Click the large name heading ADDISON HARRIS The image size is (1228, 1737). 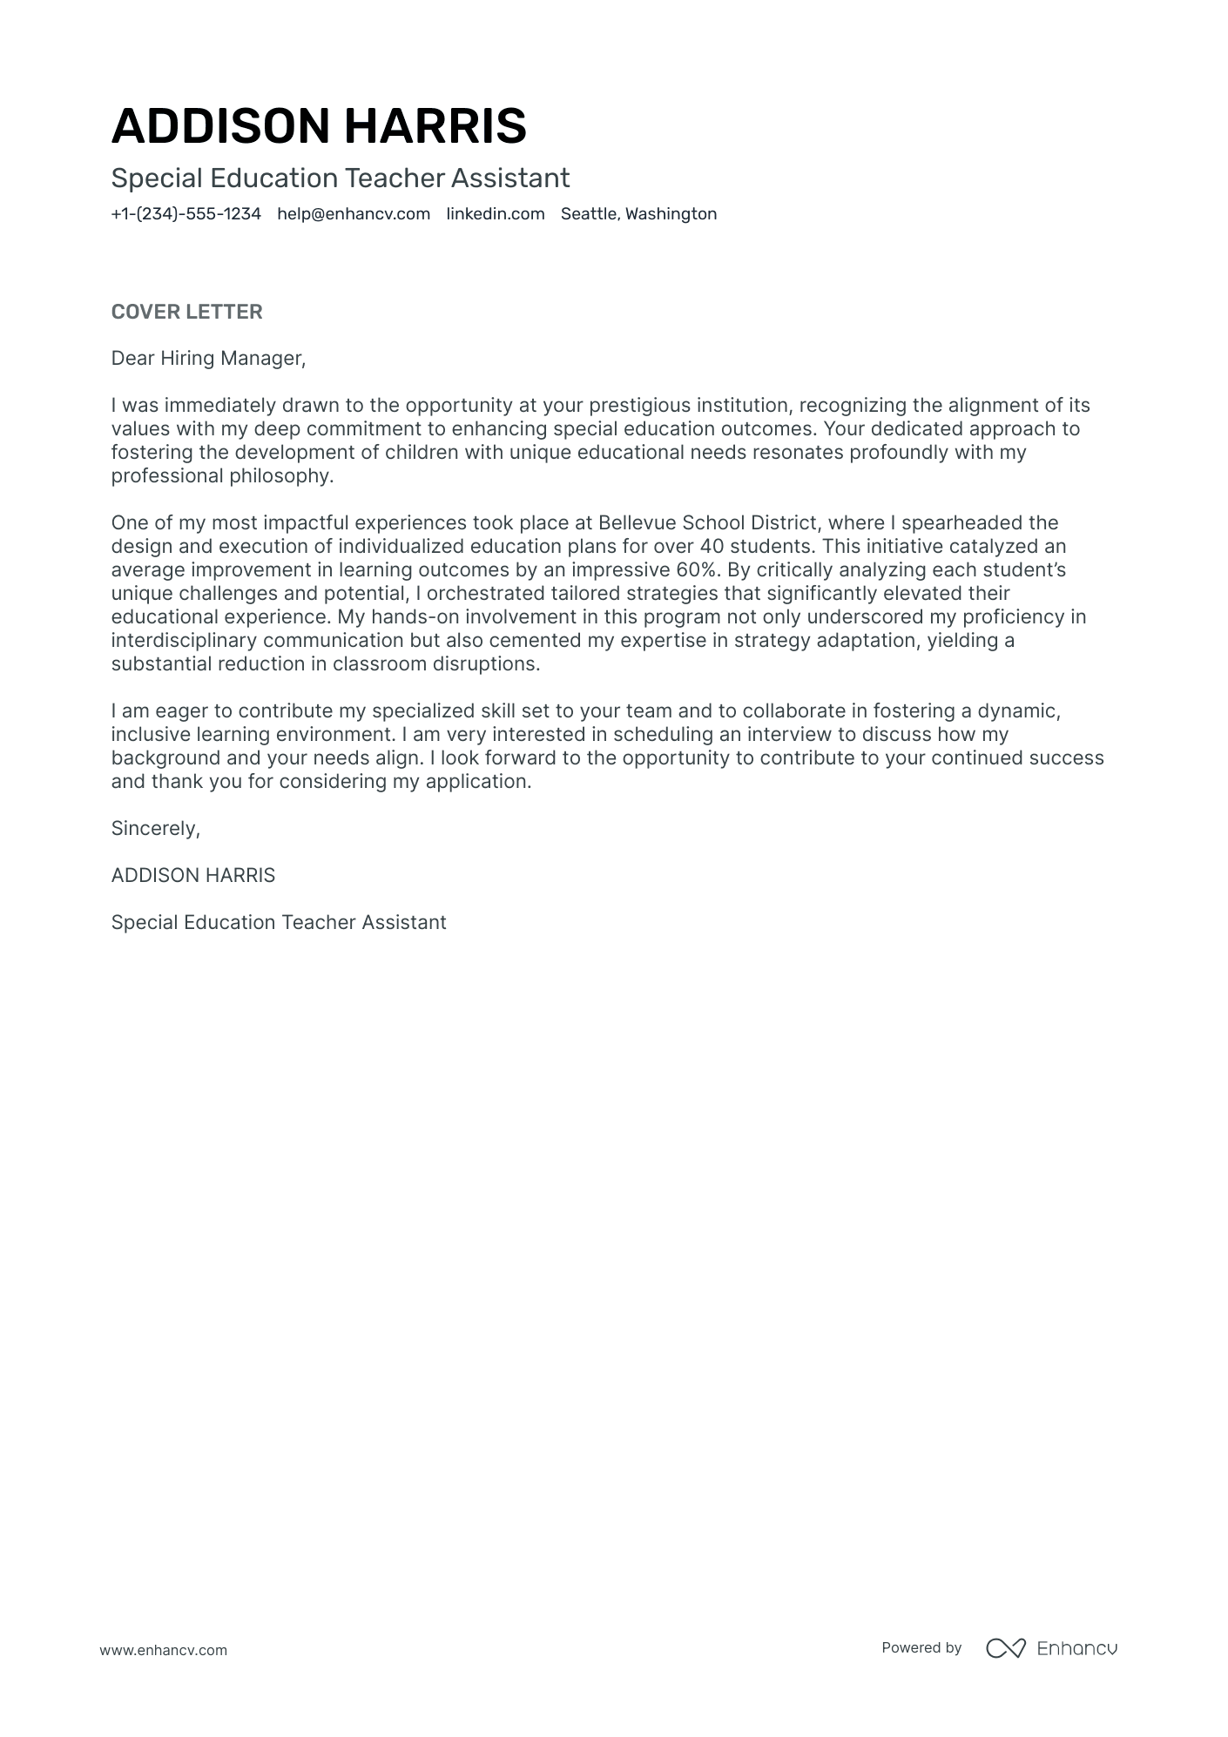coord(319,126)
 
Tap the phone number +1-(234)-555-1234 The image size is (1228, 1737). coord(186,214)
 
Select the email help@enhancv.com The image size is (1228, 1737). coord(354,214)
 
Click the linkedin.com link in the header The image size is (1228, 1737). coord(496,214)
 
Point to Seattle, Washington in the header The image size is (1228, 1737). coord(638,214)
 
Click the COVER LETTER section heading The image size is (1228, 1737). coord(186,312)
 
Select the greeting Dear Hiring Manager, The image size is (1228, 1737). coord(208,359)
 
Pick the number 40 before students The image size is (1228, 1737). coord(712,547)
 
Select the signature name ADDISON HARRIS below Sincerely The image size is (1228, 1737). coord(192,876)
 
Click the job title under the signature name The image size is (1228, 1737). coord(279,923)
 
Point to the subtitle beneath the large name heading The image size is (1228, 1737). coord(341,178)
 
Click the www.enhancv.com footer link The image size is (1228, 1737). coord(163,1650)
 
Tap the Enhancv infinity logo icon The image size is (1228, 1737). coord(1005,1648)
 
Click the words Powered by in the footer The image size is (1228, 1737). coord(921,1648)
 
